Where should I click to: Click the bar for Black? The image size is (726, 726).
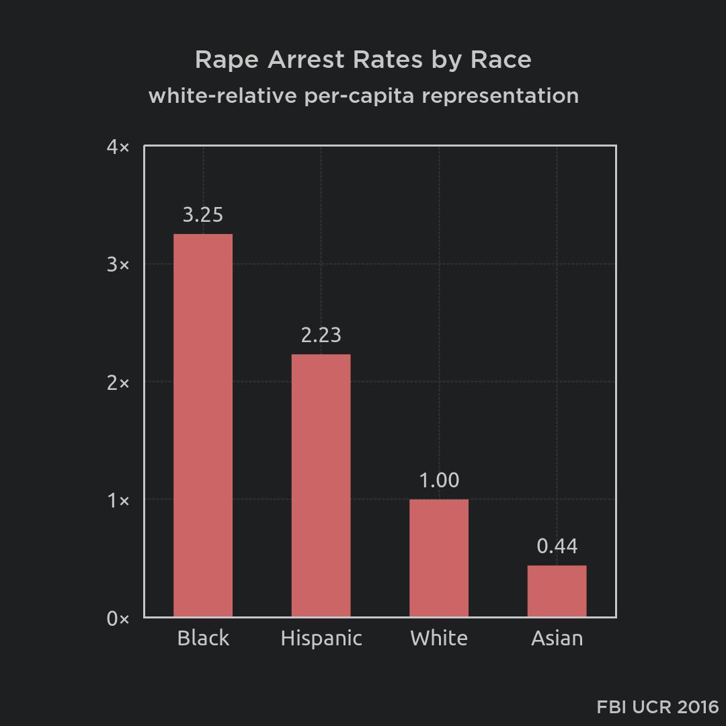click(203, 425)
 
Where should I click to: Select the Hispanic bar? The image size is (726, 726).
click(321, 485)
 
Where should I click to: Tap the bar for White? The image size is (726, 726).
click(439, 557)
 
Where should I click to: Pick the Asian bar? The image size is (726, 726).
click(557, 591)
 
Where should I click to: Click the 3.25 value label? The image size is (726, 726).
click(203, 215)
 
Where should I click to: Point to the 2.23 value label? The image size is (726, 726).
click(321, 335)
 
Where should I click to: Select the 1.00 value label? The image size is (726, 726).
click(439, 480)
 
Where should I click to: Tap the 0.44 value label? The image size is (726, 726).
click(557, 547)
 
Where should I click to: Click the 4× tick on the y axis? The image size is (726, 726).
click(118, 147)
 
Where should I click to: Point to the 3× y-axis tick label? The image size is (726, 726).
click(118, 264)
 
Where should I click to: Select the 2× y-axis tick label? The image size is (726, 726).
click(118, 382)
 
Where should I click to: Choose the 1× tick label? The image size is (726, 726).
click(118, 500)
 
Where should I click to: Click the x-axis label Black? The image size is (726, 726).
click(203, 638)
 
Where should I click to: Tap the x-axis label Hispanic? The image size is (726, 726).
click(321, 638)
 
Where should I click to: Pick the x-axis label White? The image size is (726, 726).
click(439, 638)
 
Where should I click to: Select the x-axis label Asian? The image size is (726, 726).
click(557, 638)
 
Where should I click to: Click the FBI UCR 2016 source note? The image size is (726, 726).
click(657, 707)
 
